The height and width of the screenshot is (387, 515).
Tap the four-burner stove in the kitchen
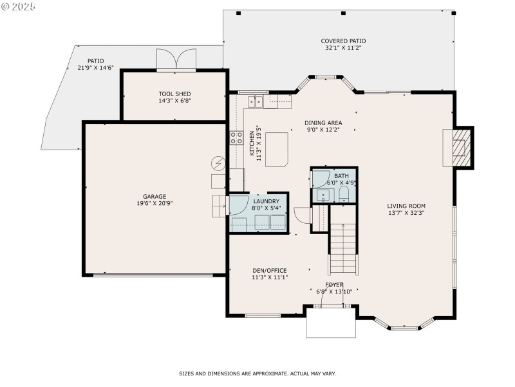(236, 137)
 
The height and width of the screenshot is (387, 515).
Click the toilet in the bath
(344, 193)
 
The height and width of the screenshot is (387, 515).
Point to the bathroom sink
(321, 194)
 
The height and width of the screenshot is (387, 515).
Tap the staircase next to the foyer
(343, 248)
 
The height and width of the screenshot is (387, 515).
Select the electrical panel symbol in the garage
(218, 163)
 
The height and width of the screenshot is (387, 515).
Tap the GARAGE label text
(154, 196)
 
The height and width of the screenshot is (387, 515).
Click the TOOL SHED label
(174, 94)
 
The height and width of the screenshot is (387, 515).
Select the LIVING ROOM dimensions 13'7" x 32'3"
(406, 212)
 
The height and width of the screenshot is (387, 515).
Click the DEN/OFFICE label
(269, 270)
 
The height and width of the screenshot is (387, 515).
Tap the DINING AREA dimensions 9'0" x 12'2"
(323, 130)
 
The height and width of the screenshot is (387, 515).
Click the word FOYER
(334, 284)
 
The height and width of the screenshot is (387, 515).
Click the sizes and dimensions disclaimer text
(257, 373)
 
